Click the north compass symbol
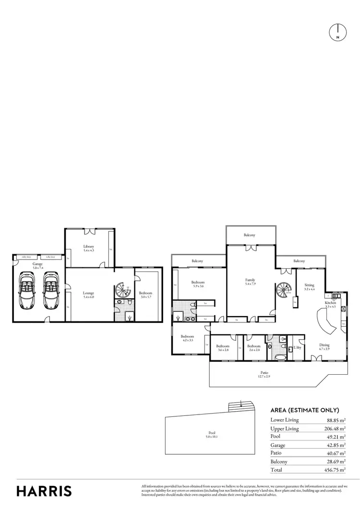338,32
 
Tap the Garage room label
37,266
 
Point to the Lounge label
88,295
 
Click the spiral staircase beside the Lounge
123,291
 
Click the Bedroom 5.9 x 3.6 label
198,284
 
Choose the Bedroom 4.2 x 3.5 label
187,339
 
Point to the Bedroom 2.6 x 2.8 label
253,348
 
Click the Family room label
250,282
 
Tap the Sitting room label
309,287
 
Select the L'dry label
297,347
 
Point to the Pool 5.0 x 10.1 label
212,435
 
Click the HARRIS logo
44,491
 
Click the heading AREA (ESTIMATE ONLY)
305,410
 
